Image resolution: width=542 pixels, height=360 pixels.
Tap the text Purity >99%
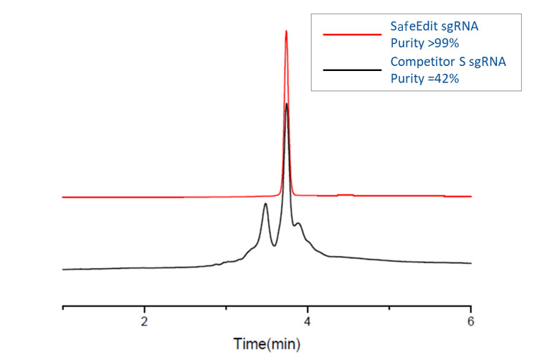pos(424,44)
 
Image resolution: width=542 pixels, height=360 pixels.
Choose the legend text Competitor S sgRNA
pos(448,62)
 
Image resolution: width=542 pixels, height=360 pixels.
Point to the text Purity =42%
pos(424,80)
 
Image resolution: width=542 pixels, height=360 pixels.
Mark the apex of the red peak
pos(286,31)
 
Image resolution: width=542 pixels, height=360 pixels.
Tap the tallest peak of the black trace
pos(287,104)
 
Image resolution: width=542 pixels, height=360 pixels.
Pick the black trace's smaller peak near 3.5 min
pos(265,204)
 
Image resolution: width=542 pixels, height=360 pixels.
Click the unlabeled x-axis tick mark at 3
pos(226,308)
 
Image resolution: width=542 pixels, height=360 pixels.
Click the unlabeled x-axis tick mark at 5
pos(389,308)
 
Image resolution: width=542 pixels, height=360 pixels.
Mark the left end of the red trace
pos(63,196)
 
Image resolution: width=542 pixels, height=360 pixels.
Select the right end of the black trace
pos(471,263)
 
